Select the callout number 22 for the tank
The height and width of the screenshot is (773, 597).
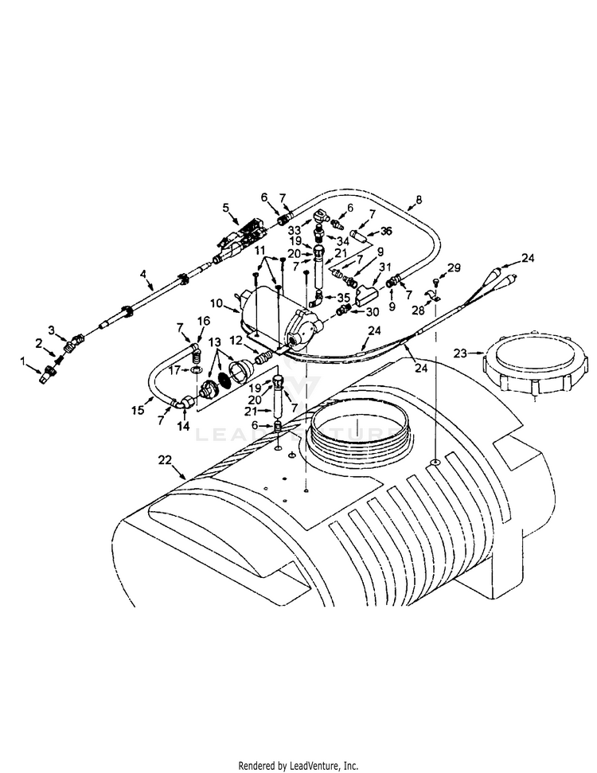[x=165, y=461]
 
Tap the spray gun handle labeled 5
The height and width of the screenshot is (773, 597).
[x=239, y=237]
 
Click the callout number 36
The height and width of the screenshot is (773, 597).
[x=387, y=231]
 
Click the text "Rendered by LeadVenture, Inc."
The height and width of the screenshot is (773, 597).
[x=298, y=765]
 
